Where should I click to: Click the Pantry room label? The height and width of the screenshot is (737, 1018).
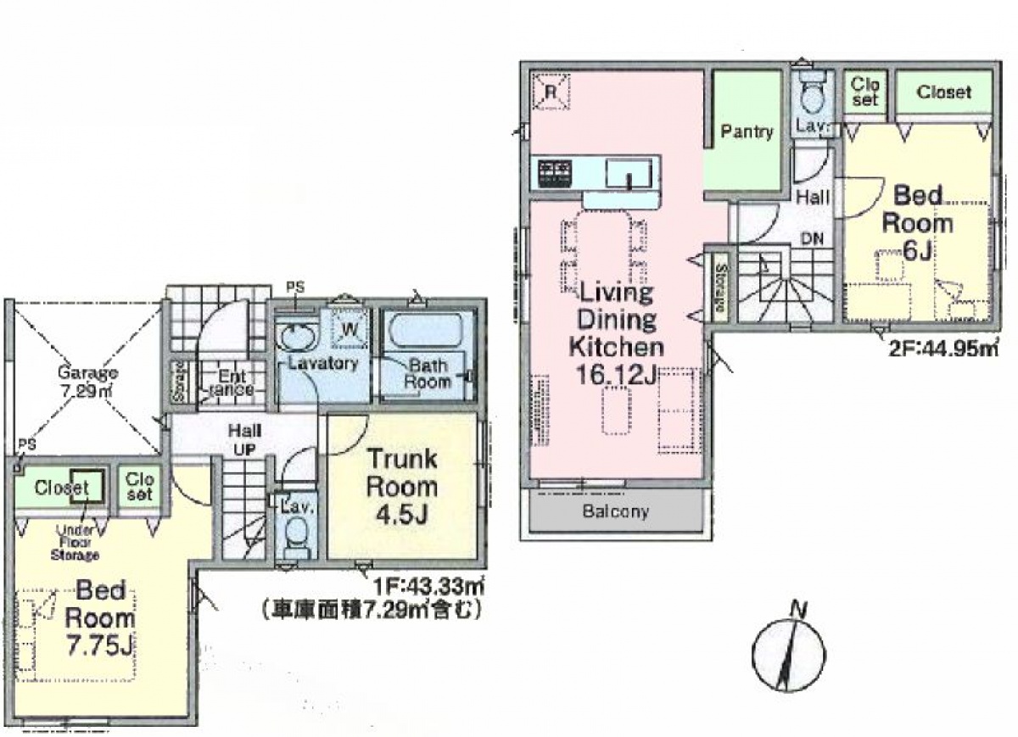click(x=747, y=131)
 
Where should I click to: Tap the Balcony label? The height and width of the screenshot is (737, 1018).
click(x=616, y=511)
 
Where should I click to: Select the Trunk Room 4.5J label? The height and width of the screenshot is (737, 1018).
click(x=403, y=487)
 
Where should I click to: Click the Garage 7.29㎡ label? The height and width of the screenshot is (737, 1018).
click(x=87, y=381)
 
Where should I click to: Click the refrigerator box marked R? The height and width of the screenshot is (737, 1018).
click(x=551, y=92)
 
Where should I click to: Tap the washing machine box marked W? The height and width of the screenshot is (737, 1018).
click(x=350, y=329)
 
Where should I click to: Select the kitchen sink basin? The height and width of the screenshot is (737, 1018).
click(x=629, y=174)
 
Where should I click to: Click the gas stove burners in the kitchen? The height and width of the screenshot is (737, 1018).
click(x=554, y=173)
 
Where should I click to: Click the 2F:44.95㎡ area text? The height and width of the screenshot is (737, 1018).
click(x=942, y=348)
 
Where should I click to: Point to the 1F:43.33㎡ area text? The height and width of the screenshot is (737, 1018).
click(x=428, y=587)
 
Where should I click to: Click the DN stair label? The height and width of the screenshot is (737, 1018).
click(x=812, y=238)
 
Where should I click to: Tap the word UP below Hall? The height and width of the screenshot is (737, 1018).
click(x=245, y=449)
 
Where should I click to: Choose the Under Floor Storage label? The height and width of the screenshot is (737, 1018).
click(x=76, y=542)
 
